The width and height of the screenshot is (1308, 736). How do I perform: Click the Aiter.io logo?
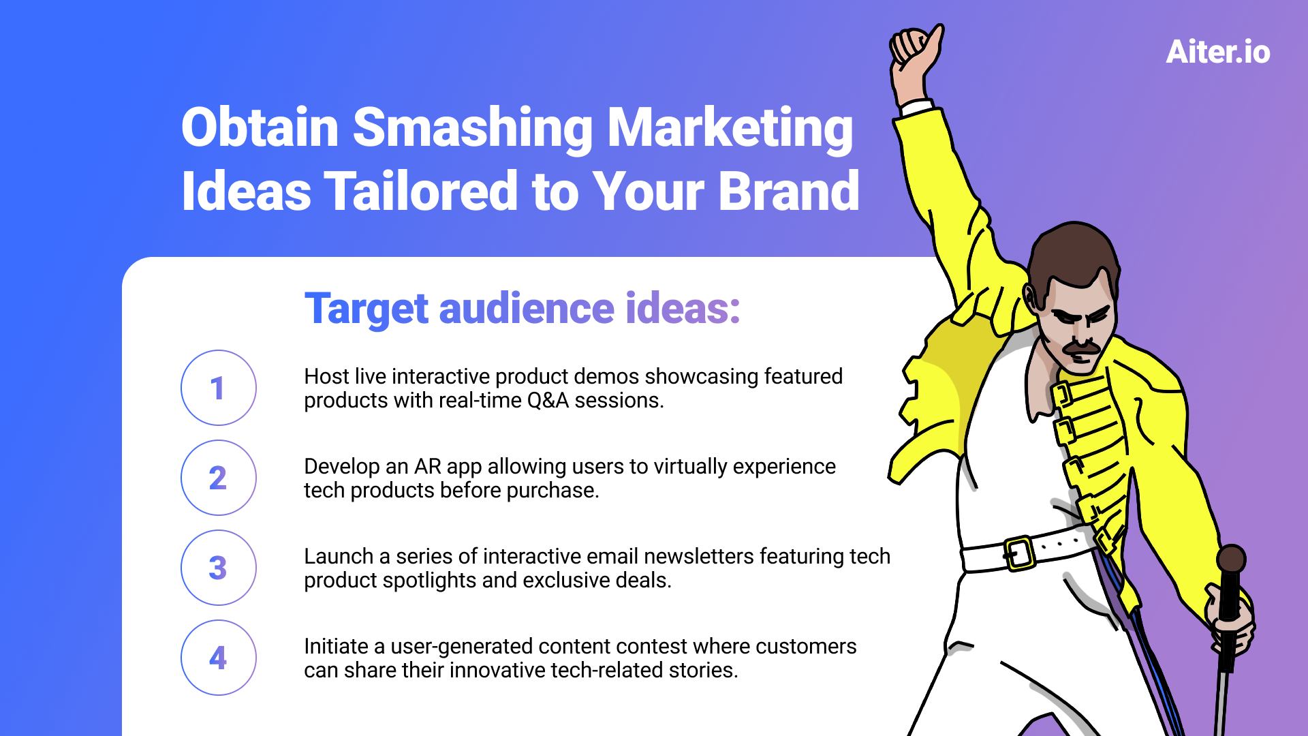pyautogui.click(x=1218, y=52)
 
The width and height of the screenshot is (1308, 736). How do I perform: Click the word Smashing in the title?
pyautogui.click(x=473, y=129)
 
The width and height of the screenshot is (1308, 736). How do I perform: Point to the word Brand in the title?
pyautogui.click(x=789, y=191)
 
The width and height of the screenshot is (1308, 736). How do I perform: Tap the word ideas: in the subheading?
pyautogui.click(x=683, y=308)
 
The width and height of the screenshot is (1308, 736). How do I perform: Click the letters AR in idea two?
pyautogui.click(x=428, y=466)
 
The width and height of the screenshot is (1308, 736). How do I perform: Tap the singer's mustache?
pyautogui.click(x=1083, y=348)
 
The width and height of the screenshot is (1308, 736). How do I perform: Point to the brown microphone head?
pyautogui.click(x=1231, y=559)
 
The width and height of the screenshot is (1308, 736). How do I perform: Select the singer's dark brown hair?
pyautogui.click(x=1072, y=256)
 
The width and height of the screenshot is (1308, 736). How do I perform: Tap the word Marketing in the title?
pyautogui.click(x=730, y=129)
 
